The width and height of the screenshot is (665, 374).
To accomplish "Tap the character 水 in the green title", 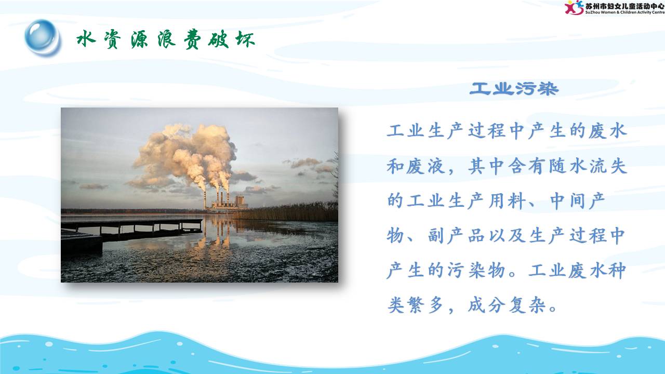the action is (86, 39).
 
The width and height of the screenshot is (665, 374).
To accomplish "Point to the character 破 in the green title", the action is (219, 39).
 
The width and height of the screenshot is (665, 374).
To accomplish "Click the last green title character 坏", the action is (245, 39).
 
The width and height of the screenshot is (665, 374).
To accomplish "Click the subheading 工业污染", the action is (514, 89).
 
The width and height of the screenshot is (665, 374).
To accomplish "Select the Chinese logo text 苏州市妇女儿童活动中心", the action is (624, 6).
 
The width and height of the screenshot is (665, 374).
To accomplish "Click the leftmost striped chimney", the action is (205, 199).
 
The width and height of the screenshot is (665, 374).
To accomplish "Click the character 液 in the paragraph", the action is (436, 166).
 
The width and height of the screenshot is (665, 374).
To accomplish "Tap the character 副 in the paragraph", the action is (436, 236).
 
